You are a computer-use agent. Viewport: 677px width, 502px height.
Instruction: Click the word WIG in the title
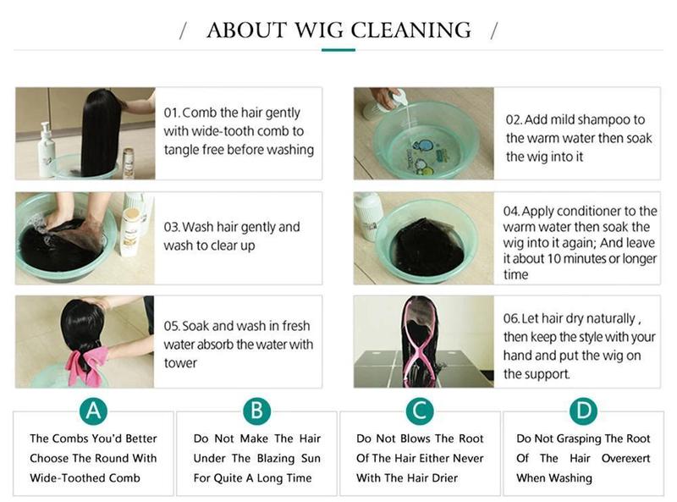click(x=319, y=30)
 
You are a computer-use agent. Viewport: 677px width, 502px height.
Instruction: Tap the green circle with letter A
click(x=93, y=411)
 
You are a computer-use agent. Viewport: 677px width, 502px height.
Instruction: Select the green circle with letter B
click(x=257, y=411)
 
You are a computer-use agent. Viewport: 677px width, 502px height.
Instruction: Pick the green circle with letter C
click(x=420, y=411)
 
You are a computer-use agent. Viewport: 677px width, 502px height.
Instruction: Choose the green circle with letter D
click(x=583, y=411)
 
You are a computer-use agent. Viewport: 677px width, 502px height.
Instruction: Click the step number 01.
click(x=172, y=113)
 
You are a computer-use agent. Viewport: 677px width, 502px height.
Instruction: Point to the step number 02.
click(x=514, y=119)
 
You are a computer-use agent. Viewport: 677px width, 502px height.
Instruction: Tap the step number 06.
click(x=511, y=319)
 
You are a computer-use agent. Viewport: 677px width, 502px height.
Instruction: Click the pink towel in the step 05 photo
click(x=87, y=366)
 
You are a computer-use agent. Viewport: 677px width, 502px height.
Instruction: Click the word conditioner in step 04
click(x=598, y=212)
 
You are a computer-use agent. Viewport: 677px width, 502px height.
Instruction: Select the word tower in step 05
click(x=180, y=363)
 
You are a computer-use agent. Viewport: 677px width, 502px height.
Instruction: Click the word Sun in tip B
click(x=311, y=458)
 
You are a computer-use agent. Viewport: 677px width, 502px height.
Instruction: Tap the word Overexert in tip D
click(x=625, y=458)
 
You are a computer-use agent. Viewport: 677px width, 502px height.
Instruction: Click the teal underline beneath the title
click(x=338, y=50)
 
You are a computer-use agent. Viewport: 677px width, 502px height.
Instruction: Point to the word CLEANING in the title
click(x=410, y=30)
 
